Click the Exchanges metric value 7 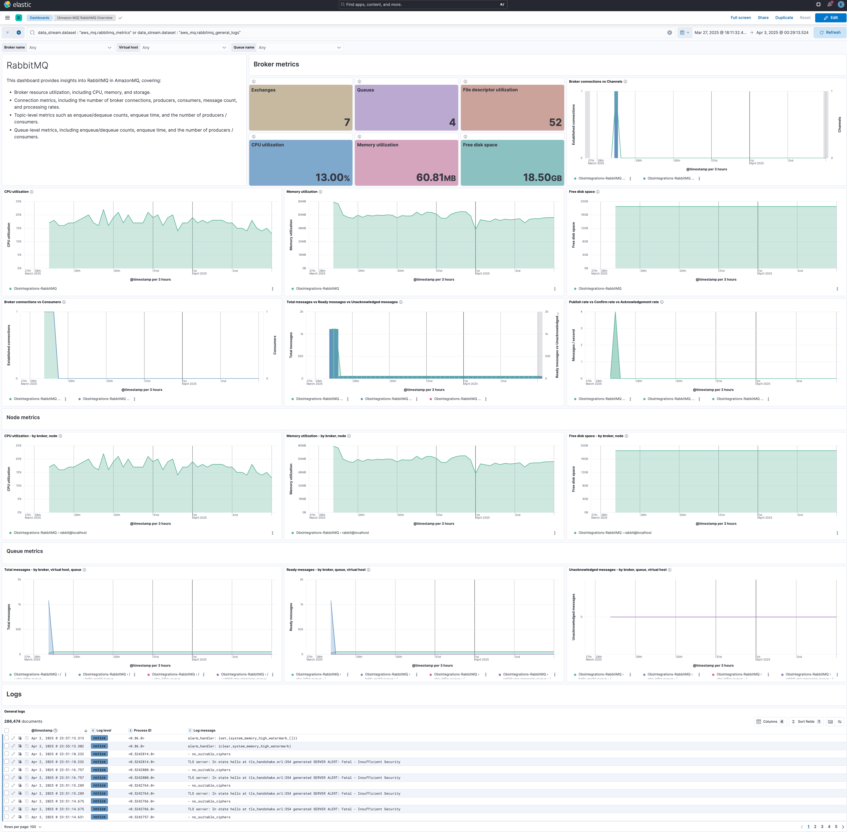347,122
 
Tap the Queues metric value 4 452,122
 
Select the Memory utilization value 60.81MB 435,177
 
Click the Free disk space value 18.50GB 542,177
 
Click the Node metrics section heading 23,417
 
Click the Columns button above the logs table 770,721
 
